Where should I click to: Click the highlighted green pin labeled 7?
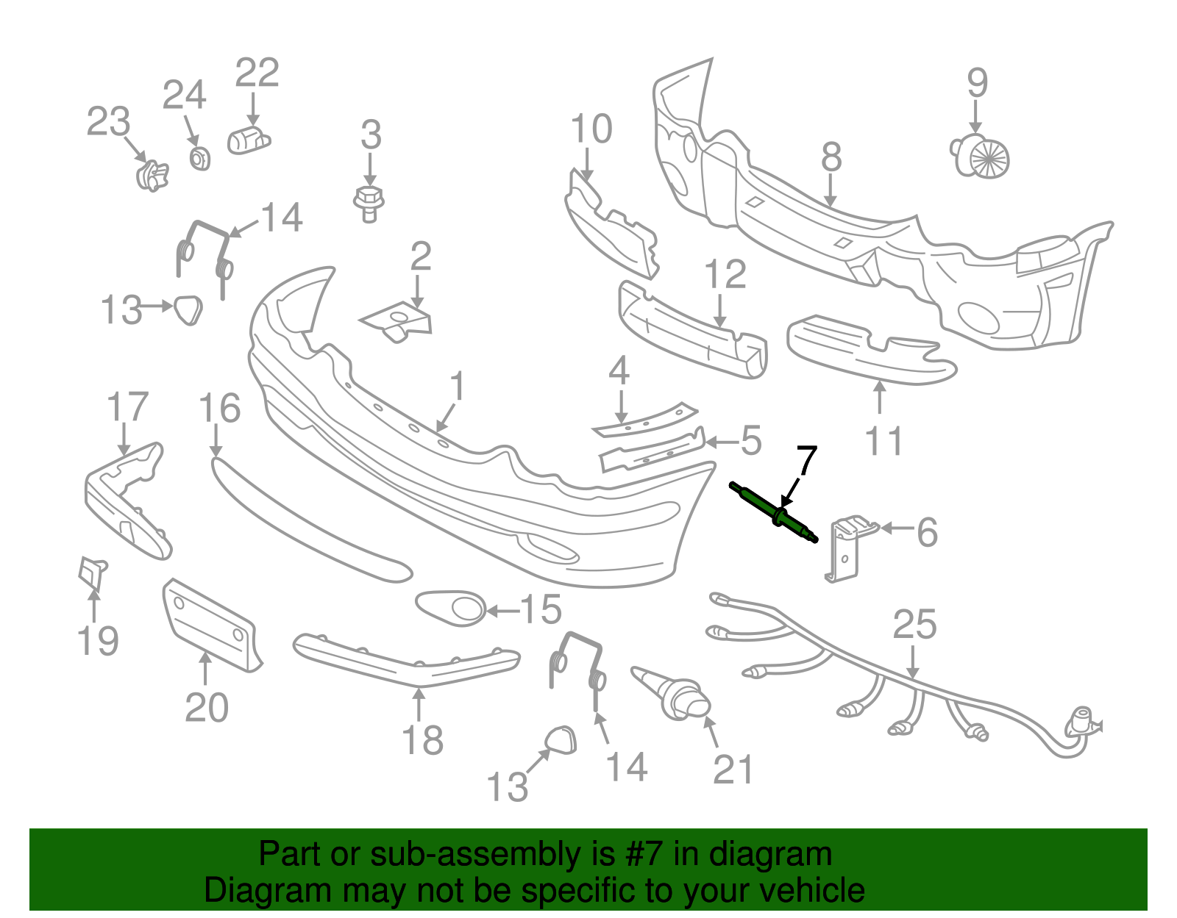pyautogui.click(x=773, y=512)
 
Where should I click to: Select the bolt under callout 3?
pyautogui.click(x=369, y=204)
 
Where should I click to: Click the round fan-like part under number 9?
pyautogui.click(x=981, y=157)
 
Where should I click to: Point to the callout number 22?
pyautogui.click(x=257, y=73)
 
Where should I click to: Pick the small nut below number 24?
pyautogui.click(x=200, y=159)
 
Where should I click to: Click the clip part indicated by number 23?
pyautogui.click(x=152, y=175)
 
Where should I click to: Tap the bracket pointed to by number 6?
pyautogui.click(x=848, y=548)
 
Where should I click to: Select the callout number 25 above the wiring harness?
pyautogui.click(x=915, y=624)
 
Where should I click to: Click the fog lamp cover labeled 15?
pyautogui.click(x=451, y=608)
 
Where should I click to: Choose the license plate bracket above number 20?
pyautogui.click(x=211, y=625)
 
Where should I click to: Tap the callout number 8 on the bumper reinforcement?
pyautogui.click(x=831, y=157)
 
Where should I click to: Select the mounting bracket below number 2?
pyautogui.click(x=397, y=321)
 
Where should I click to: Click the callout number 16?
pyautogui.click(x=219, y=408)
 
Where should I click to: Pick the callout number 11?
pyautogui.click(x=884, y=441)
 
